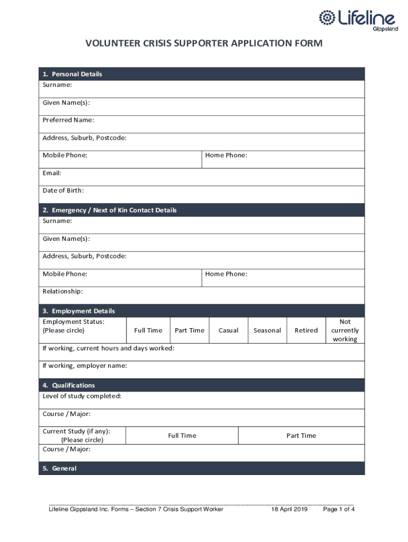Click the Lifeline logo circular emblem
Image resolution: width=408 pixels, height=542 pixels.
[326, 18]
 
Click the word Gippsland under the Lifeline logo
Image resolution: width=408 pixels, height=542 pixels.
[385, 29]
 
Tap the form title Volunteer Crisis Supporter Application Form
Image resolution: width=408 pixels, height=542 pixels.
[203, 43]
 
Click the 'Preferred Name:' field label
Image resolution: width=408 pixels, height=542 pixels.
[68, 120]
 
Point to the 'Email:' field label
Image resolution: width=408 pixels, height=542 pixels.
[52, 173]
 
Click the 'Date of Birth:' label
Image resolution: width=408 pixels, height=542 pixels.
[63, 191]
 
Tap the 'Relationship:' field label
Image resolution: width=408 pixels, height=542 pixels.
[63, 292]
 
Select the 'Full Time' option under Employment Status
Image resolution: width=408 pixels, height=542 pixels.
[148, 330]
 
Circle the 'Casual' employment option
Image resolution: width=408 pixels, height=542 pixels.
[228, 330]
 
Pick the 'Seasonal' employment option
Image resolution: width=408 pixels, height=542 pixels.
[267, 330]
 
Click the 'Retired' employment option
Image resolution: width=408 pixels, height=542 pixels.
[306, 330]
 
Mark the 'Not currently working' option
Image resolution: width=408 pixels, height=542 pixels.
[345, 330]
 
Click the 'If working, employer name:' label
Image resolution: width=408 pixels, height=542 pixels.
[85, 366]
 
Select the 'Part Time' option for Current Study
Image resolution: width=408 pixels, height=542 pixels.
[301, 436]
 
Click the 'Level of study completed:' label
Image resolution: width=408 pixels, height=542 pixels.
[82, 396]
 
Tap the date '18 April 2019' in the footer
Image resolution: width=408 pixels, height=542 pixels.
[289, 509]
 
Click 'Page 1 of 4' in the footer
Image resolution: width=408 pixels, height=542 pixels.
[339, 509]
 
